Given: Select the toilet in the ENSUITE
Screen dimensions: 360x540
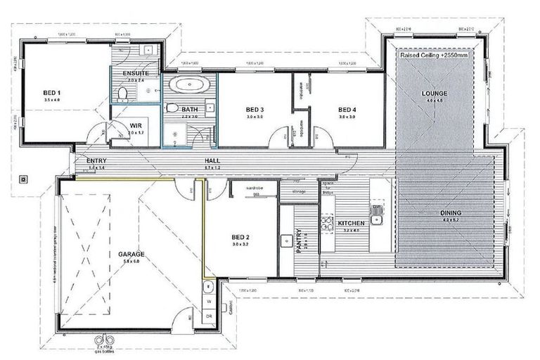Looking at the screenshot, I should point(121,94).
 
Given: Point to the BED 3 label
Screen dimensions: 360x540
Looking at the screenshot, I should point(255,110).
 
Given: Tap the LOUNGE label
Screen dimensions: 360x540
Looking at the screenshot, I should point(434,94).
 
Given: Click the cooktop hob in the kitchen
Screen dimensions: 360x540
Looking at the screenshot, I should point(327,224).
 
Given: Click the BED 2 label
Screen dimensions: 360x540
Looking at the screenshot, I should point(240,237).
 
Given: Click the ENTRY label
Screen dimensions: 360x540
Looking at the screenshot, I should point(96,161).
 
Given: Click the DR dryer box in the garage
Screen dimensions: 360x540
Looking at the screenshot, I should point(209,316).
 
